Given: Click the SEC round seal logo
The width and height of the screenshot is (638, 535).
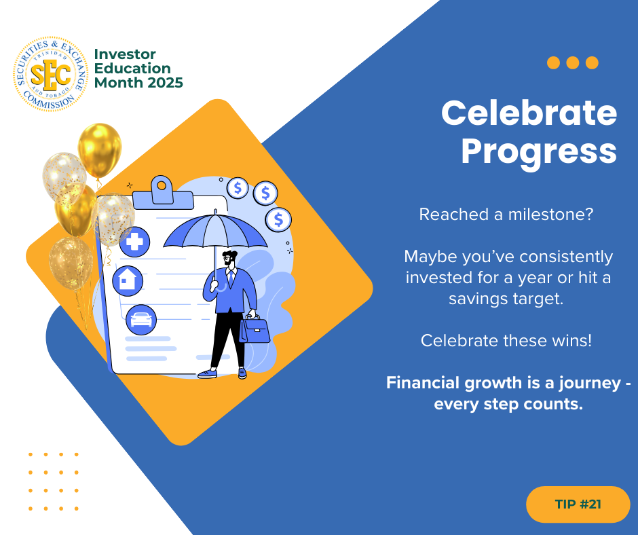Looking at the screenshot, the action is (50, 74).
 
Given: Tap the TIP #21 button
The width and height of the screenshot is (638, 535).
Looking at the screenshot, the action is (578, 504).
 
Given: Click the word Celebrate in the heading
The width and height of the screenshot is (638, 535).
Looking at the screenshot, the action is (529, 113).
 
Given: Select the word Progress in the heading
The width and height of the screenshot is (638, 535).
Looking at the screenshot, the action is (539, 151).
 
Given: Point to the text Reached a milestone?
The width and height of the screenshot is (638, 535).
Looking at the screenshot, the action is (506, 214).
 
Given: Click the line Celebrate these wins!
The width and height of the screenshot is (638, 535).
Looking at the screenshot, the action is (506, 340).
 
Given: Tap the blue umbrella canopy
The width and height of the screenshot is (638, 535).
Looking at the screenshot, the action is (215, 232).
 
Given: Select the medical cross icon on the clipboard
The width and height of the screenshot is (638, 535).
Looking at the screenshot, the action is (134, 242).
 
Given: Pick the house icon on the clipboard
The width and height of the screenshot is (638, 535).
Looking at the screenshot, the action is (128, 280).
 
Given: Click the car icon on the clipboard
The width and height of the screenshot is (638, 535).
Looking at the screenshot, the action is (141, 320).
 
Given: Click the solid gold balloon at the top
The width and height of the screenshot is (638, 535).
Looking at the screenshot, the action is (100, 151).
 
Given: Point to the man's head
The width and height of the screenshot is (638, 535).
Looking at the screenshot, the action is (229, 259).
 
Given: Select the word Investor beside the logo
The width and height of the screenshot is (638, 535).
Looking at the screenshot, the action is (125, 54).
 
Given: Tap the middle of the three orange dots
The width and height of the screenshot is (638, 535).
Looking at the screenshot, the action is (572, 62).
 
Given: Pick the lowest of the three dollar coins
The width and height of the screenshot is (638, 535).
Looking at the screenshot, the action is (278, 220).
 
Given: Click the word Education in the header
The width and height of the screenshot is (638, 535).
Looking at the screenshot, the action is (132, 69).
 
